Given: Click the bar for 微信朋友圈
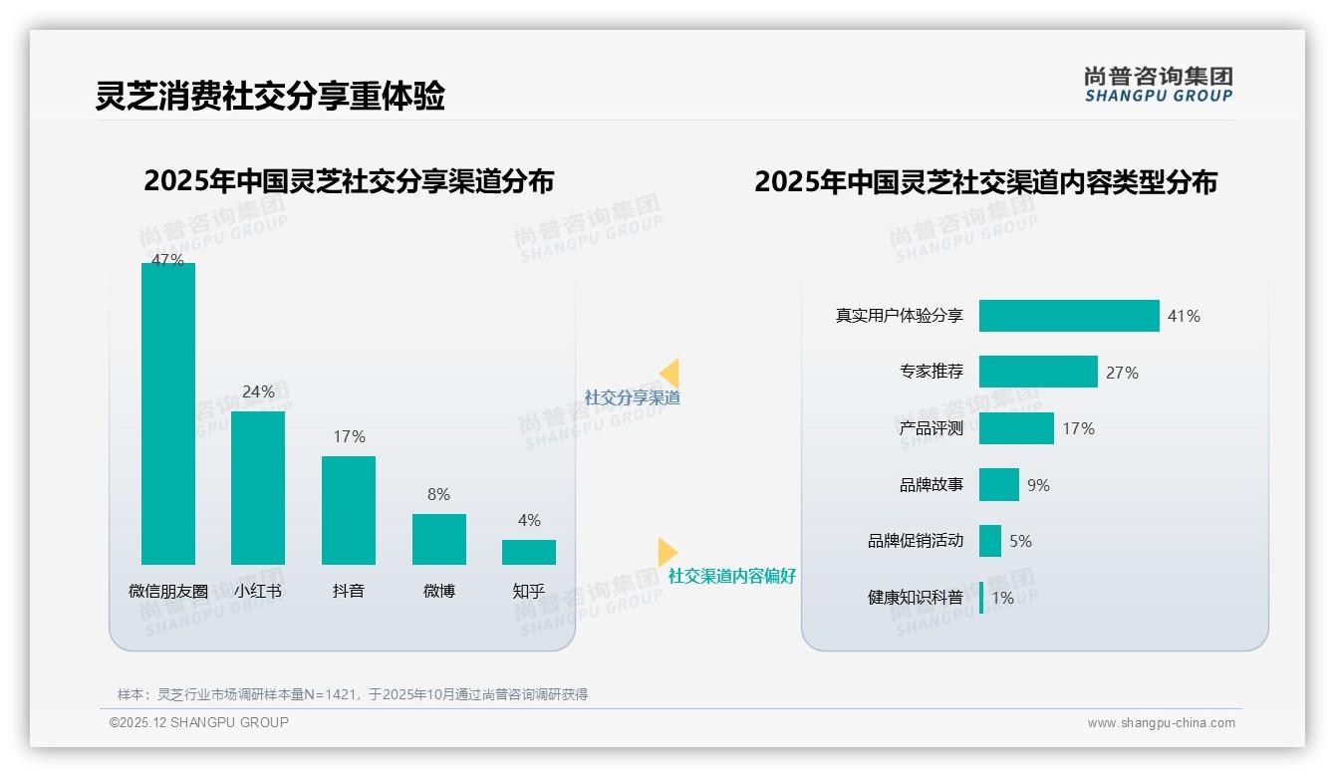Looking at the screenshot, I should pyautogui.click(x=168, y=413).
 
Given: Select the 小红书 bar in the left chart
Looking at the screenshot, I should pyautogui.click(x=258, y=487).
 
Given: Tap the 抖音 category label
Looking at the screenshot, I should pyautogui.click(x=349, y=591).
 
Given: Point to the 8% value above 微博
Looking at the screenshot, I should pyautogui.click(x=438, y=494).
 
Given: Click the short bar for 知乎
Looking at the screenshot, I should pyautogui.click(x=529, y=552).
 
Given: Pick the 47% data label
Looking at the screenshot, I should pyautogui.click(x=167, y=260).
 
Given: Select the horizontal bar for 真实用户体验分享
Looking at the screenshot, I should pyautogui.click(x=1069, y=316).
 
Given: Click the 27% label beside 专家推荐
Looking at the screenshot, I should pyautogui.click(x=1122, y=373).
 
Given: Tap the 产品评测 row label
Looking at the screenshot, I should pyautogui.click(x=932, y=428).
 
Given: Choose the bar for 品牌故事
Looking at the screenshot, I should pyautogui.click(x=999, y=485).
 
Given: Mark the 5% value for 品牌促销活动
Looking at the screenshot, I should pyautogui.click(x=1020, y=541).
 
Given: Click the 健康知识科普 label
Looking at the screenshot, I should pyautogui.click(x=916, y=598).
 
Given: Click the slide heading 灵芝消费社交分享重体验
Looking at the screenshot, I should pyautogui.click(x=270, y=96).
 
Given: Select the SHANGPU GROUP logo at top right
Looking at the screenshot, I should pyautogui.click(x=1159, y=85).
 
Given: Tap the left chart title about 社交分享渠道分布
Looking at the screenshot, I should pyautogui.click(x=349, y=181).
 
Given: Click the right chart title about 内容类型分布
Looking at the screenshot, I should pyautogui.click(x=985, y=182).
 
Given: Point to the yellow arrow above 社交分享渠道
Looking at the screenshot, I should pyautogui.click(x=669, y=373).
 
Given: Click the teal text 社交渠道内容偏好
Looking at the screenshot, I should pyautogui.click(x=732, y=576).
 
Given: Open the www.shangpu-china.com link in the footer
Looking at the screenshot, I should pyautogui.click(x=1161, y=723).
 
